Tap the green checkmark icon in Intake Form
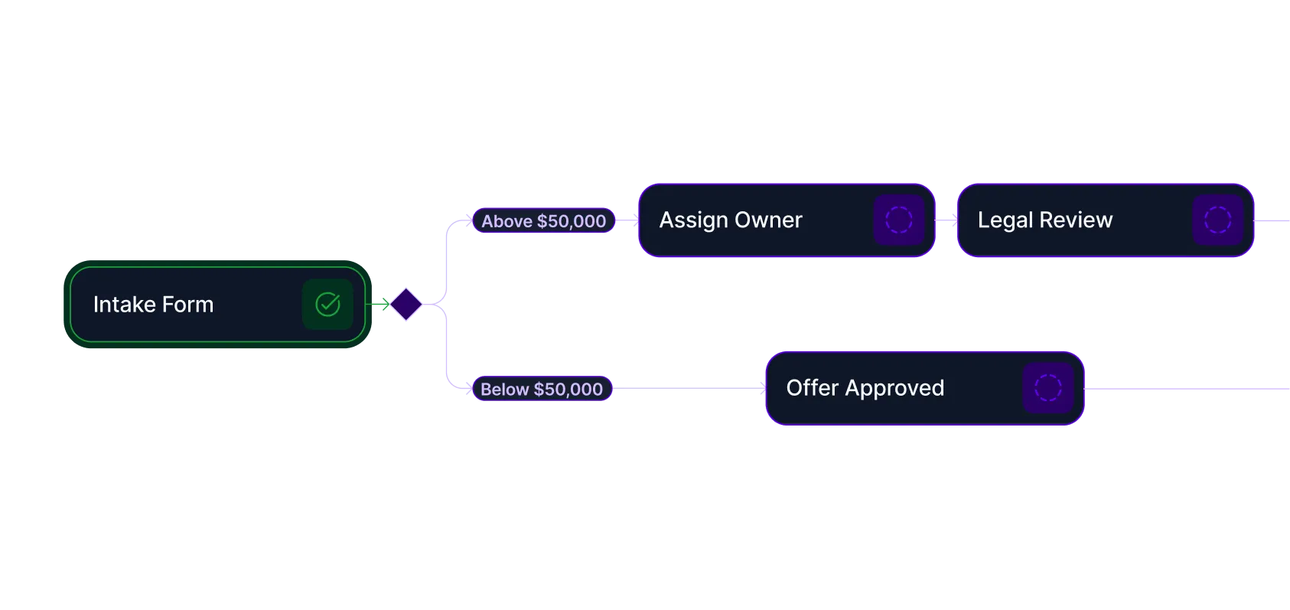[x=327, y=304]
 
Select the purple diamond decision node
[x=406, y=304]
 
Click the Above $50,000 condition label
[x=543, y=221]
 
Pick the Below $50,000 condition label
[x=542, y=389]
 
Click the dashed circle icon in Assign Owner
[x=899, y=220]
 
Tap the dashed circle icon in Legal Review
[x=1217, y=220]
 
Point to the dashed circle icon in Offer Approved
[x=1047, y=388]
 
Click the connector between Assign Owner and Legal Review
[x=946, y=220]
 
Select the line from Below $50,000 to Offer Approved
[x=689, y=389]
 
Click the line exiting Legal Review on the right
[x=1272, y=220]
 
